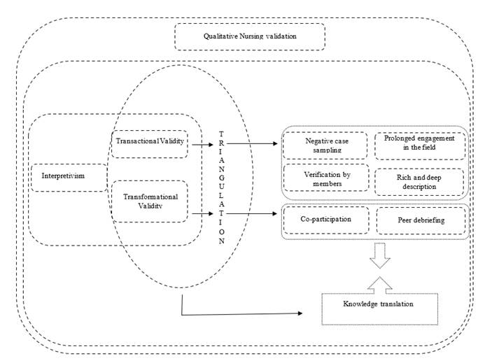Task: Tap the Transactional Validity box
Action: point(148,143)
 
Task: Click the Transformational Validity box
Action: point(148,201)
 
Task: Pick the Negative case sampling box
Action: point(325,145)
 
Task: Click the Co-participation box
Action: point(325,220)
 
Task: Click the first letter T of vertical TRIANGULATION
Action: point(221,134)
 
